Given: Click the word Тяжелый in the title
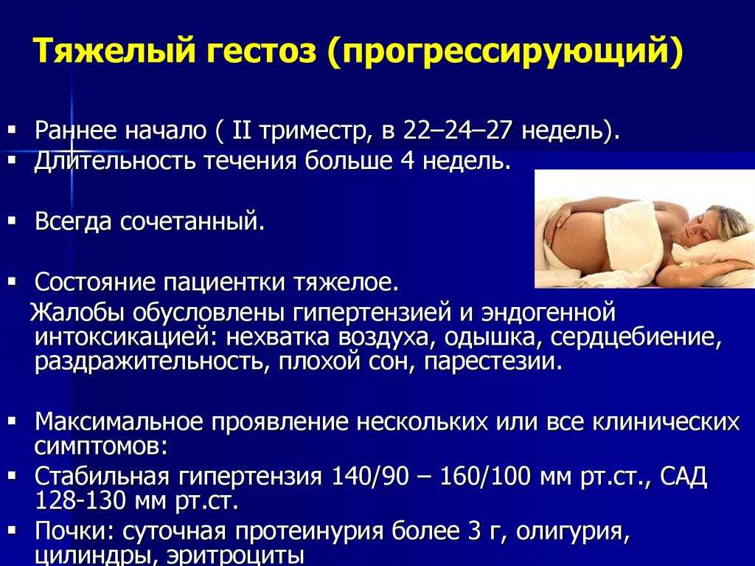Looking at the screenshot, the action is point(114,50).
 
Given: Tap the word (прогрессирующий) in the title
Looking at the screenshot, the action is point(504,50).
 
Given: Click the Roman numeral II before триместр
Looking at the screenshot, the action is point(242,130).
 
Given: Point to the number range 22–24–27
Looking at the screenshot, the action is point(456,130).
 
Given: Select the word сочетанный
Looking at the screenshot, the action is point(192,222).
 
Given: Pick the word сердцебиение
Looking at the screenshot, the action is point(636,337).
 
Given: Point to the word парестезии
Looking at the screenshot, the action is point(493,362).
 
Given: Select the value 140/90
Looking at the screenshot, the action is point(370,476).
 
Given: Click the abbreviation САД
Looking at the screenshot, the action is point(683,476).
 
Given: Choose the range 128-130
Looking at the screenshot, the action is point(81,501).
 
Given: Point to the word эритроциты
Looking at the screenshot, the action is point(235,556).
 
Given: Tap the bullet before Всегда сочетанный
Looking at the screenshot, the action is point(13,221).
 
